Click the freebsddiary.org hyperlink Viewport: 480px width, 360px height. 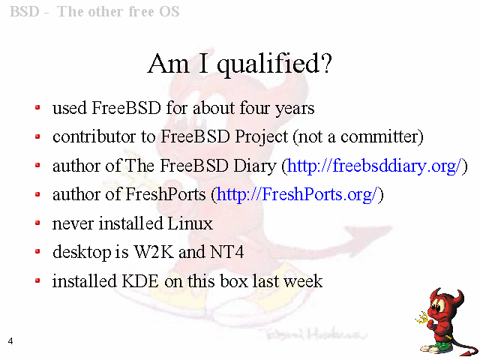[374, 166]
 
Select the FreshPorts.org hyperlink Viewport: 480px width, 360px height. [297, 195]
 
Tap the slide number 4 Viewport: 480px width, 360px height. [10, 341]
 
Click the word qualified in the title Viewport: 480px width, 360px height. [274, 64]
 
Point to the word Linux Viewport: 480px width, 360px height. [186, 223]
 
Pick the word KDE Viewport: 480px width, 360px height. [140, 281]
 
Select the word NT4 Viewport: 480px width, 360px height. [226, 252]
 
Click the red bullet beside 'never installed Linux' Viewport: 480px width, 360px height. [37, 223]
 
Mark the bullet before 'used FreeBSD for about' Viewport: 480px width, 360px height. [37, 107]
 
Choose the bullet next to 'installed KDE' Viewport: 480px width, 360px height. [37, 280]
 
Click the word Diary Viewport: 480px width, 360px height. [255, 166]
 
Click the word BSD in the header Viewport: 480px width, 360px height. [25, 12]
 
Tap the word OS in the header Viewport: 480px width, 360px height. [169, 12]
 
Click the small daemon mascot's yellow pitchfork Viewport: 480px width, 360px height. [423, 318]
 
